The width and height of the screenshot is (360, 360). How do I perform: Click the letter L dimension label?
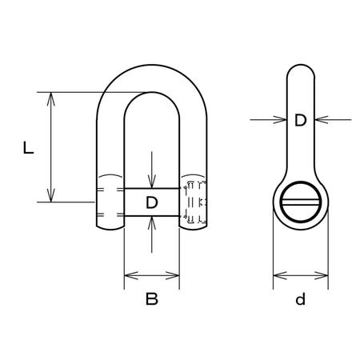(28, 148)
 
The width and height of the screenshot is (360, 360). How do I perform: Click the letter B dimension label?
(152, 298)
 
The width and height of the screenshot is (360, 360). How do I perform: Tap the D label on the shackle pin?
(152, 202)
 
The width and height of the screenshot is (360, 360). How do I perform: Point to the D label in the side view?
(301, 120)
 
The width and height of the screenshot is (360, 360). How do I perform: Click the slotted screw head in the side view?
(301, 202)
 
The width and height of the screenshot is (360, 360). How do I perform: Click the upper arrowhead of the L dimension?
(50, 99)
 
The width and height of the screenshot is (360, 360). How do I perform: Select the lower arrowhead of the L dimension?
(50, 195)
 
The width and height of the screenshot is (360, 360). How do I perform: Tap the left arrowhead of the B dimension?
(131, 275)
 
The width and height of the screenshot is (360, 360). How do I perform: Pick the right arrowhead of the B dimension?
(172, 275)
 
